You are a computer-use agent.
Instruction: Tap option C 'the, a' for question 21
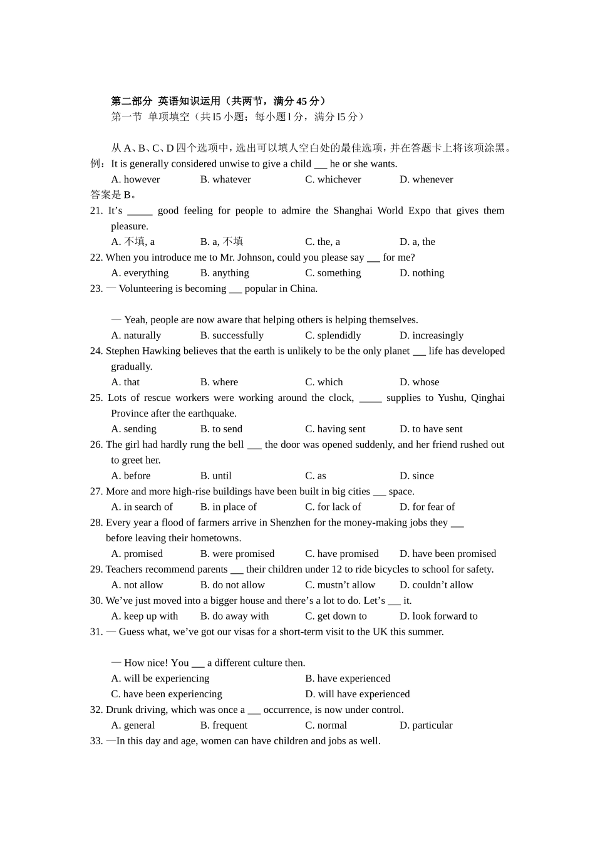click(322, 242)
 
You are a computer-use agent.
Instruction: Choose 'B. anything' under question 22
click(224, 273)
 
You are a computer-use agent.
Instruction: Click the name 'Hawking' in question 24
click(160, 351)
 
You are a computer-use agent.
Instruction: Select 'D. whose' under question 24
click(419, 382)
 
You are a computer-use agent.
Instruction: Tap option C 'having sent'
click(335, 429)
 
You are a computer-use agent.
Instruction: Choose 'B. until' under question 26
click(215, 476)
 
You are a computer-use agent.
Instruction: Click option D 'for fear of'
click(427, 507)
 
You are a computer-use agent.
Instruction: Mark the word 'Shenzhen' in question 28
click(290, 522)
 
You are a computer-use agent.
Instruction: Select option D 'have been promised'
click(447, 554)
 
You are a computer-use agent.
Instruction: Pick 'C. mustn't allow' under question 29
click(339, 585)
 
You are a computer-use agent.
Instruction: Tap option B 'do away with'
click(234, 616)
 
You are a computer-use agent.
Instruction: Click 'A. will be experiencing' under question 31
click(160, 678)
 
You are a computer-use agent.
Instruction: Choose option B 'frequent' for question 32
click(224, 725)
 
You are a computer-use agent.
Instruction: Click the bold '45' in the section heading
click(302, 101)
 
